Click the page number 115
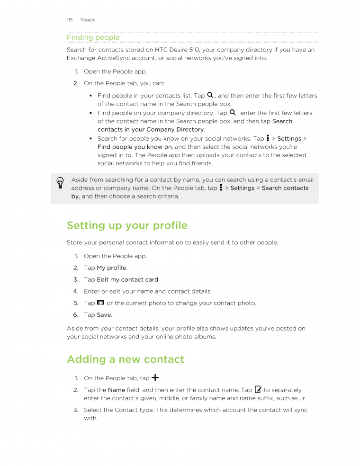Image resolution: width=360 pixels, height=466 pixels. coord(70,20)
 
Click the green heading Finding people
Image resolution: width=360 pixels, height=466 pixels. coord(93,37)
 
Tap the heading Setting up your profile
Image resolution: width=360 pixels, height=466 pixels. coord(127,225)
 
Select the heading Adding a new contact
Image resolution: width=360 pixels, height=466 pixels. coord(126,359)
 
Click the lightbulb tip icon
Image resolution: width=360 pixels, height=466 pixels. coord(60,183)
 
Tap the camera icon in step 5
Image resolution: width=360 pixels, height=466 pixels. coord(100,303)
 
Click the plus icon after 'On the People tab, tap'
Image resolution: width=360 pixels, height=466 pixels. coord(155,377)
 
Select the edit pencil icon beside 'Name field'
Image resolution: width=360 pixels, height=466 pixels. coord(258,389)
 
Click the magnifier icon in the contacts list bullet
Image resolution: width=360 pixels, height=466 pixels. coord(210,95)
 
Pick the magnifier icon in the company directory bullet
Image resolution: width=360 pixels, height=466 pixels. coord(233,112)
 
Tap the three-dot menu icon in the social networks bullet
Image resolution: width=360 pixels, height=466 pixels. coord(268,138)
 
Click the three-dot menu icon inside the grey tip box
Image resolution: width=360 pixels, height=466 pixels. coord(221,188)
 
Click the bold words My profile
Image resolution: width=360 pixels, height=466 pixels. coord(111,268)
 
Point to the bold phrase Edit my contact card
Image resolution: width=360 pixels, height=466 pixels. coord(127,279)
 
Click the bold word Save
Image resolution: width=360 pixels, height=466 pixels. coord(104,315)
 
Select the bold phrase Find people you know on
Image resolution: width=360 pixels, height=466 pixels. coord(135,147)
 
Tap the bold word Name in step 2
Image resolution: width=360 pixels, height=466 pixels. coord(117,390)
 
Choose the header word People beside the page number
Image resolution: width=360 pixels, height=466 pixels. coord(88,20)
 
